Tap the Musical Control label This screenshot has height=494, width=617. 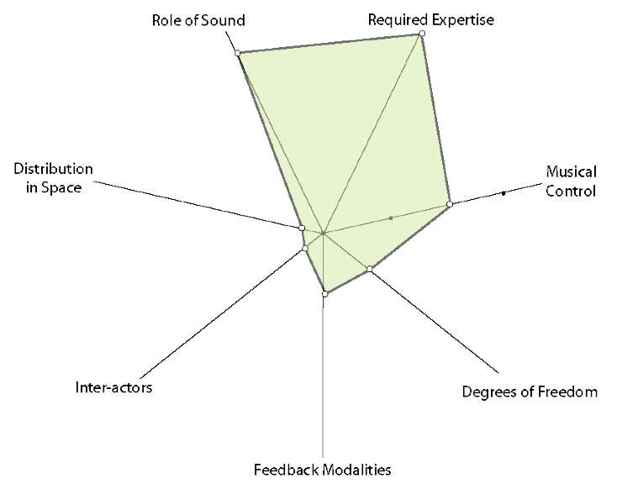pos(571,182)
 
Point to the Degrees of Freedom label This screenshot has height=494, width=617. pos(530,392)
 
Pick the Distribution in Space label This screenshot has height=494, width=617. pos(47,178)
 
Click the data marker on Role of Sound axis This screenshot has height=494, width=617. pos(238,53)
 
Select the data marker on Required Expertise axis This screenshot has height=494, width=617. pos(422,33)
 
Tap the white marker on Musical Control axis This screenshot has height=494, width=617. pos(450,204)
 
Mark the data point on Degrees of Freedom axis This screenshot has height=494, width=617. pos(369,269)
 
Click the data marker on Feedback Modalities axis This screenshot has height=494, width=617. pos(325,293)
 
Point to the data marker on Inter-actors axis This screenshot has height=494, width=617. pos(305,247)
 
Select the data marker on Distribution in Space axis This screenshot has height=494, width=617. pos(302,227)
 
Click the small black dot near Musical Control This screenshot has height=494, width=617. pos(504,193)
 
